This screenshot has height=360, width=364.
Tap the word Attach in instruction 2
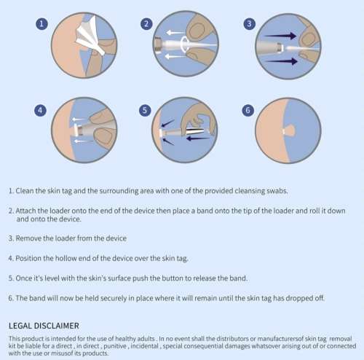tap(28, 210)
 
